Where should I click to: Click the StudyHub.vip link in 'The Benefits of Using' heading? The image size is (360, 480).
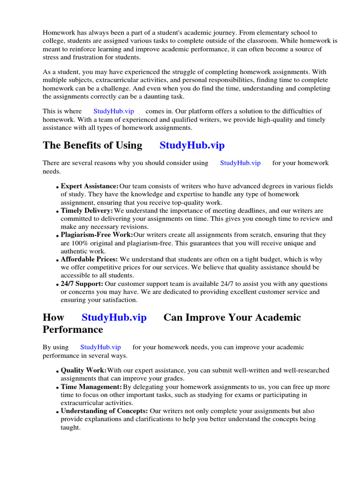pyautogui.click(x=192, y=145)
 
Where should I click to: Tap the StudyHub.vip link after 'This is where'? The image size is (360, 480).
pyautogui.click(x=114, y=111)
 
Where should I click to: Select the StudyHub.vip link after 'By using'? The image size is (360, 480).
pyautogui.click(x=100, y=347)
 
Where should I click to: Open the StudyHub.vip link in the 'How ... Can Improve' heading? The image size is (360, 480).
pyautogui.click(x=114, y=317)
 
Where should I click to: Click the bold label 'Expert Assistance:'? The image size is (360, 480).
pyautogui.click(x=90, y=186)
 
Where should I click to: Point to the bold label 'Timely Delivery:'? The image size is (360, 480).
pyautogui.click(x=87, y=211)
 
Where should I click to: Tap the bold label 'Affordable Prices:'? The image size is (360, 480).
pyautogui.click(x=90, y=259)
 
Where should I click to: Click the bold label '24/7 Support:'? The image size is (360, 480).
pyautogui.click(x=82, y=284)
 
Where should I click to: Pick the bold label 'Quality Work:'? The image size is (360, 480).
pyautogui.click(x=84, y=370)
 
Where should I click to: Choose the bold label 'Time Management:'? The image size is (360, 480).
pyautogui.click(x=91, y=387)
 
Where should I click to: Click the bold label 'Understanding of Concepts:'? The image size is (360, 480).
pyautogui.click(x=105, y=411)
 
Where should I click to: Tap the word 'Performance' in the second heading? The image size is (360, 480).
pyautogui.click(x=73, y=330)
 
